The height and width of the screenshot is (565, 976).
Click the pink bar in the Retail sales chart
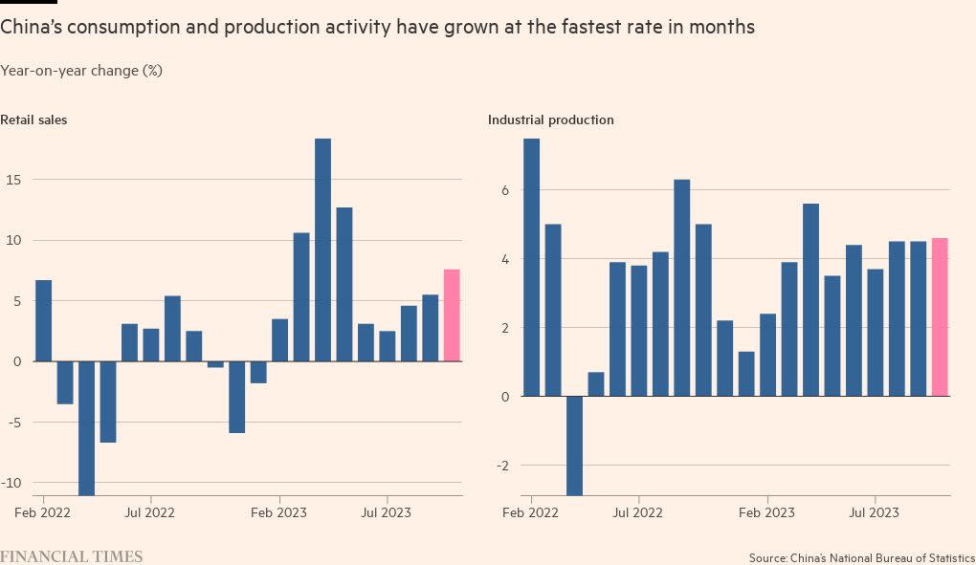452,315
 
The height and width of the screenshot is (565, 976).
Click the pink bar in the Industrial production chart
940,317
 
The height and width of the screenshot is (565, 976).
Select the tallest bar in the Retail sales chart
322,250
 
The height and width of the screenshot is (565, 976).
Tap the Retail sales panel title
33,120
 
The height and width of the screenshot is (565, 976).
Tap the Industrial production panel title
551,120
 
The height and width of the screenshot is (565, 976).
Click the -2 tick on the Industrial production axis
505,466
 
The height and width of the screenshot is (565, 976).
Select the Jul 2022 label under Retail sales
150,513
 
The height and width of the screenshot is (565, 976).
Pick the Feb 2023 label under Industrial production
767,513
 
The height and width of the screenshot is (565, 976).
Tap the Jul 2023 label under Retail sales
387,513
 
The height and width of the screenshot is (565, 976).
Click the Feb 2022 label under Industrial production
530,513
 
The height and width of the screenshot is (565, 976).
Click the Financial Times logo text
72,555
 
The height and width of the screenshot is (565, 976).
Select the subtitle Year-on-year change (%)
80,71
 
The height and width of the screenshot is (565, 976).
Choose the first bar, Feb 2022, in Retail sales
43,320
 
